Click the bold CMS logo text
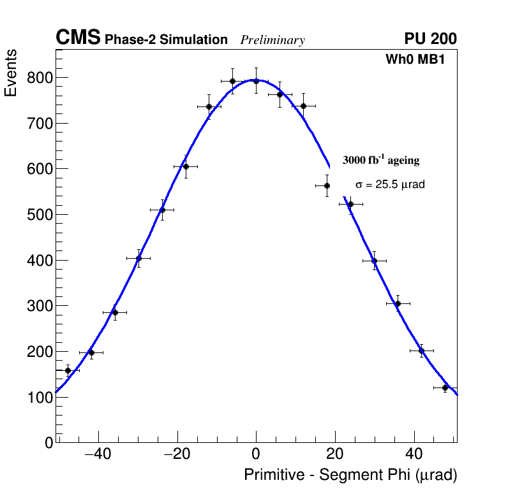point(78,39)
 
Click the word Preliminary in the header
point(273,40)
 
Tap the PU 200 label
point(431,39)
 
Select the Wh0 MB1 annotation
point(415,60)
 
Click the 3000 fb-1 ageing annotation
point(381,160)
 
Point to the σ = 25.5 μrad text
point(390,185)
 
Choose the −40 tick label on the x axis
point(98,454)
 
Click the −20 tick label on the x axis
point(177,454)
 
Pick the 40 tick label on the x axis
point(414,454)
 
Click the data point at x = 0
point(256,81)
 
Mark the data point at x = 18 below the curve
point(327,185)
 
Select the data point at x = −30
point(138,258)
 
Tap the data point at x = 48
point(445,387)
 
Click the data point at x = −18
point(186,166)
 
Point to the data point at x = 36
point(398,303)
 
